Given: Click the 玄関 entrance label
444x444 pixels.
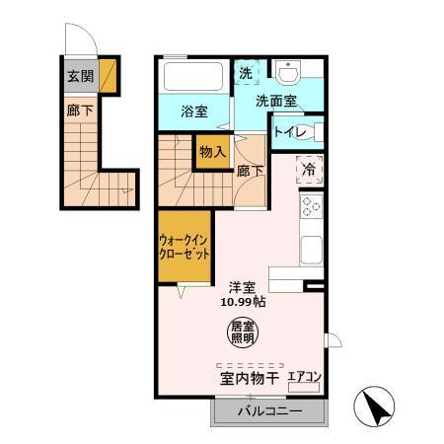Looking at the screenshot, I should point(80,76).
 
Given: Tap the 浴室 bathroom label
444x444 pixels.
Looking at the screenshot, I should point(193,112).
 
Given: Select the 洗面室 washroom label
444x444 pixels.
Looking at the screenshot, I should point(276,100).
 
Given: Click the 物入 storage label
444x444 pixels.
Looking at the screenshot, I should point(211,152).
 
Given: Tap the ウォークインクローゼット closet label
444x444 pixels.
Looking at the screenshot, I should point(185,245).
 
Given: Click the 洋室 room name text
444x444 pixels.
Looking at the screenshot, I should point(244,286).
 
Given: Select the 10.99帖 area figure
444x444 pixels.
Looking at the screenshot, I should point(244,302).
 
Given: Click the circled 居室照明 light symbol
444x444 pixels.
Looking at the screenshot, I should point(243,332).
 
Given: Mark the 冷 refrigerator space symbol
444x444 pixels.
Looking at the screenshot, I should point(310,170).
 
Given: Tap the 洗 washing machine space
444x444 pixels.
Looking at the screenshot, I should point(245,73).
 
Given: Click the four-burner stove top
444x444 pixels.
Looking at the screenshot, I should point(312,207).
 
